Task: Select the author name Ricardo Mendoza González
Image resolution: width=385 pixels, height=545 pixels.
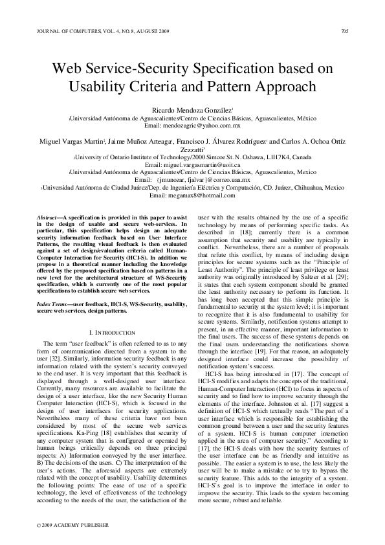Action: coord(192,111)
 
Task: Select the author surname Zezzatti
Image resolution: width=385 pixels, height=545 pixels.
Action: coord(192,149)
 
